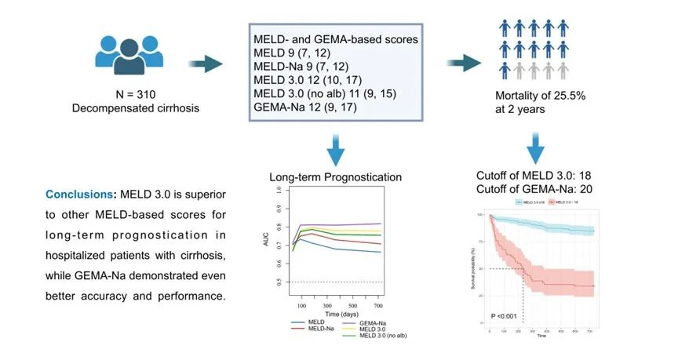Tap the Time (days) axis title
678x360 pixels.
click(x=336, y=314)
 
